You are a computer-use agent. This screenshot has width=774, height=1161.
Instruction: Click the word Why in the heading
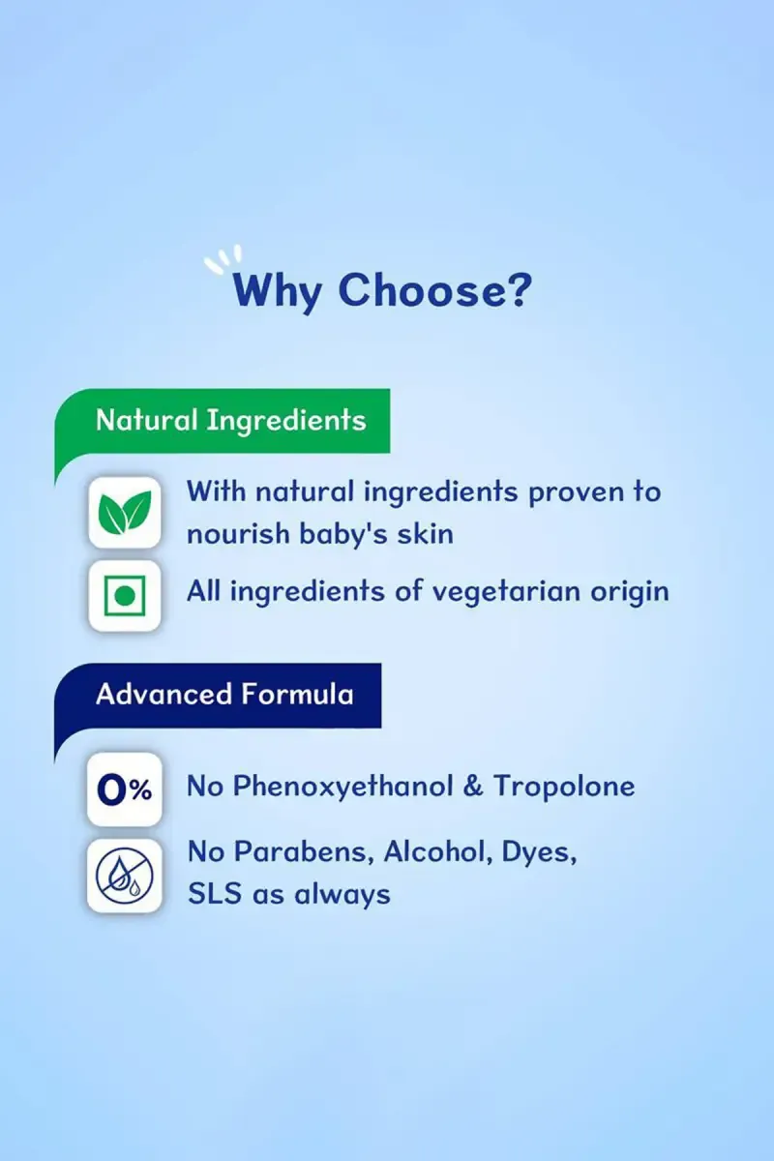click(x=278, y=291)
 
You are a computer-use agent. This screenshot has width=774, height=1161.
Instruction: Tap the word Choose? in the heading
click(x=435, y=289)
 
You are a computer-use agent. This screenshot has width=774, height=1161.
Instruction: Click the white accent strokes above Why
click(x=223, y=258)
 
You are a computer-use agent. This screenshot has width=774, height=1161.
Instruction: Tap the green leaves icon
click(x=125, y=512)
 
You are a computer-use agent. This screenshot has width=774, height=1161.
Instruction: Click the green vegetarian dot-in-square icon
click(x=125, y=596)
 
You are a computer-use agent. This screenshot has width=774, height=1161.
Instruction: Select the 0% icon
click(x=125, y=789)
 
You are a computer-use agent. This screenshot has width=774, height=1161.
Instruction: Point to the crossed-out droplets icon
click(x=125, y=876)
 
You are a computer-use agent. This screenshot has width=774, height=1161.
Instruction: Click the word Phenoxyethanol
click(x=342, y=788)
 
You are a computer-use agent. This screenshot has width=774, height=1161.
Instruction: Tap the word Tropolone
click(x=564, y=786)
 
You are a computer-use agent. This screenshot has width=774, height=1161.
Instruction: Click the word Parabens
click(x=304, y=852)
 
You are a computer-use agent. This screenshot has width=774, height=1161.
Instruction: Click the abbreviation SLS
click(x=215, y=894)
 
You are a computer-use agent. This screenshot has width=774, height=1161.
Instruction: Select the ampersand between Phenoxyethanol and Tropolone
click(x=473, y=787)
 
